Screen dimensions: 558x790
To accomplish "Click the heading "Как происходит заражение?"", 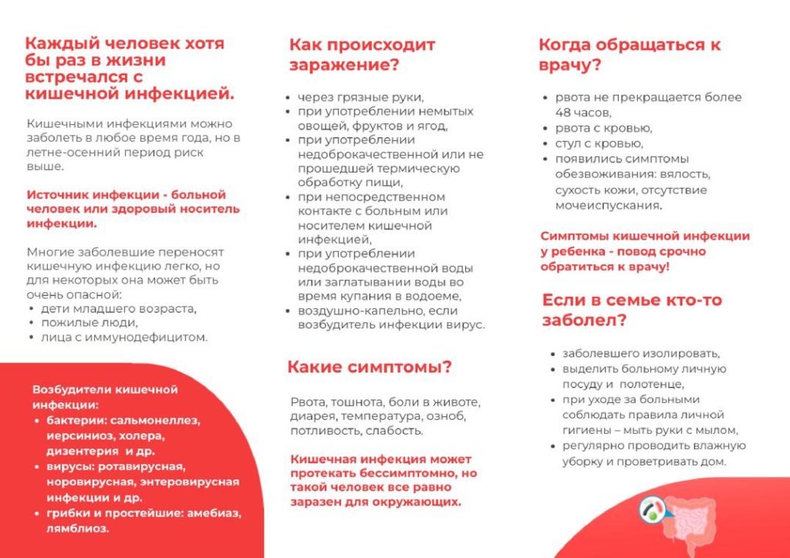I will pos(363,55).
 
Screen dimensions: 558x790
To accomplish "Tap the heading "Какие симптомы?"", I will pos(370,367).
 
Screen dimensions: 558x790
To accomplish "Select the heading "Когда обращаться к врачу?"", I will pos(630,55).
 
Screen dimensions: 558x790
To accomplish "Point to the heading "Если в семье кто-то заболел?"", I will pos(632,310).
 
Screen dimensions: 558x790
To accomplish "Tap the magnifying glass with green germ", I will pos(652,509).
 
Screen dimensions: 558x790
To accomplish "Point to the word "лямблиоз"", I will pos(77,529).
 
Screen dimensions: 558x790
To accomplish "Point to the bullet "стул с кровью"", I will pos(599,143).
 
